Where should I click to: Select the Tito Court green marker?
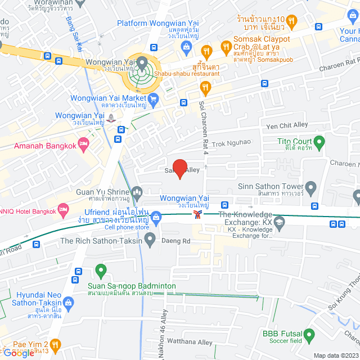(x=319, y=142)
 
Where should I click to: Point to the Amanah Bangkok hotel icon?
(x=84, y=143)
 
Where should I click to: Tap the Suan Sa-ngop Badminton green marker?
(x=101, y=271)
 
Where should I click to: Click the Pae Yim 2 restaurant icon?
(x=55, y=344)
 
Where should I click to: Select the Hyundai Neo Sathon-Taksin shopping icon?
(x=67, y=303)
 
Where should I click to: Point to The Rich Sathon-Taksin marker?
(x=150, y=241)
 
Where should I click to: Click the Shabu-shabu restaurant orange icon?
(x=205, y=87)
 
